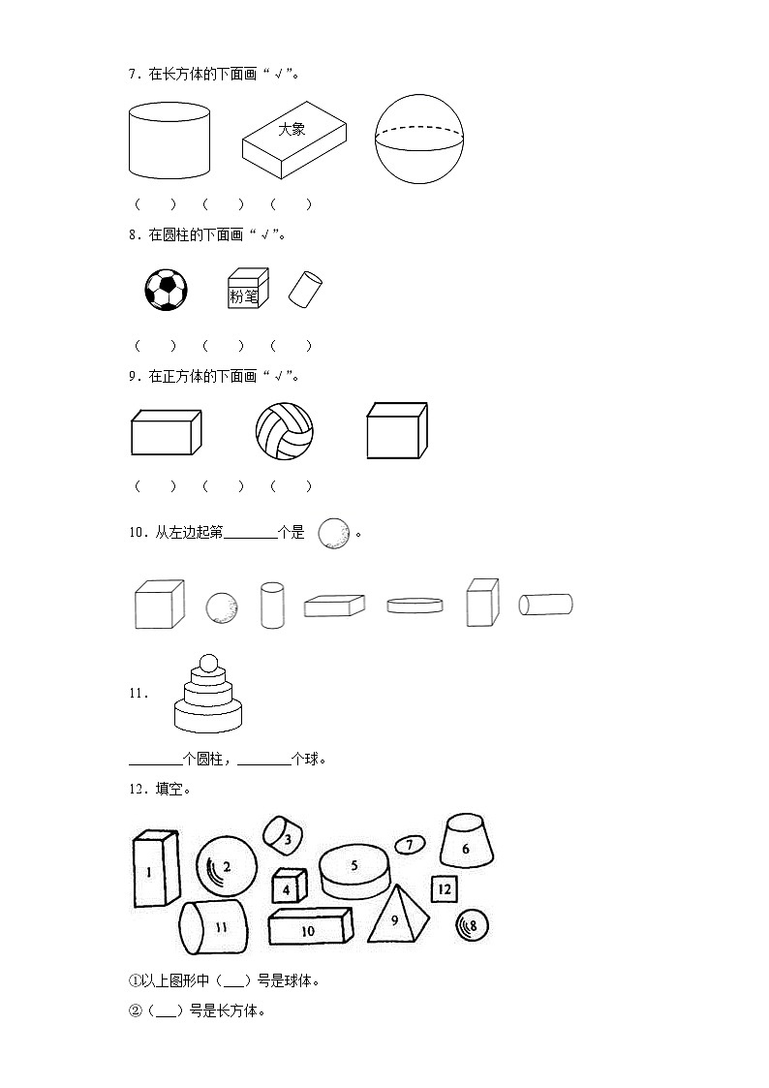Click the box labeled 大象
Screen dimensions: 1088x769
pos(293,141)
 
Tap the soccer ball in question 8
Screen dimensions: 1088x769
pos(166,290)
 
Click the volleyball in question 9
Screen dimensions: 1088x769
pos(284,432)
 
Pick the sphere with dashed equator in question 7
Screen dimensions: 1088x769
pos(420,139)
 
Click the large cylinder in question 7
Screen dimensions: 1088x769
pos(169,141)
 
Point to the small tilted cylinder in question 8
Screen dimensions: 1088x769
pos(305,289)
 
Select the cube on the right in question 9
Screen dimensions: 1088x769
pos(396,431)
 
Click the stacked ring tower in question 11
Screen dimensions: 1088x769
pos(207,693)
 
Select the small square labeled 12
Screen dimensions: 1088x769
pos(444,888)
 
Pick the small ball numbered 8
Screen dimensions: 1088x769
pos(473,926)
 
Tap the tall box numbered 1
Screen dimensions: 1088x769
pos(155,869)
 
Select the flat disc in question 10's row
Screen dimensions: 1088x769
pos(415,605)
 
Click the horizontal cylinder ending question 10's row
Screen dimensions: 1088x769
pos(545,605)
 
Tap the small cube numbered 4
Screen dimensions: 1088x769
pos(288,886)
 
